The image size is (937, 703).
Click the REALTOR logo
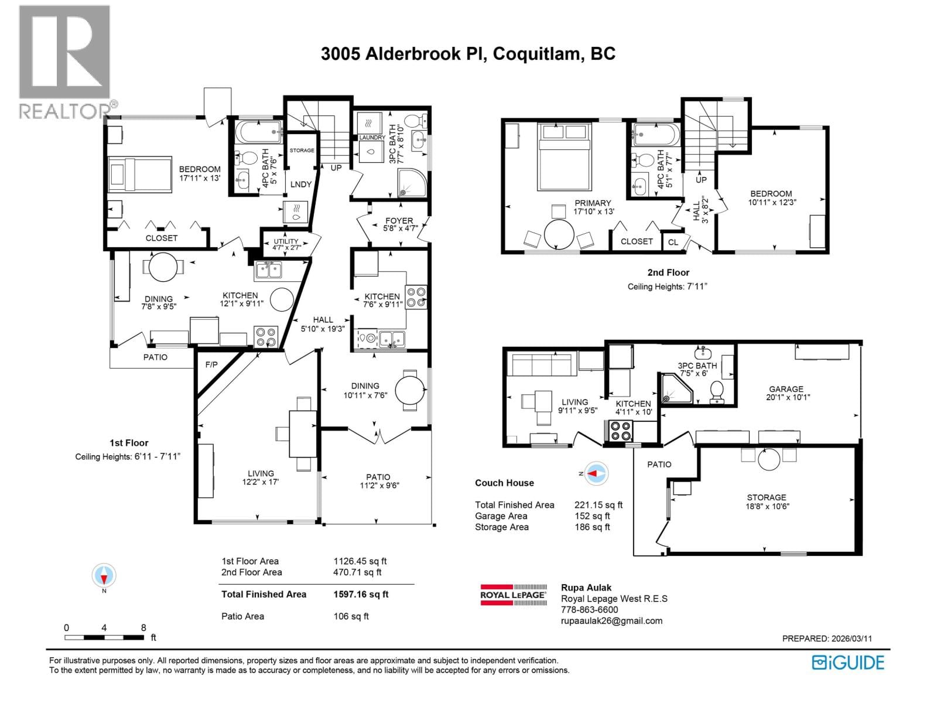click(x=64, y=62)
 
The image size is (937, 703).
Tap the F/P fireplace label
click(x=211, y=364)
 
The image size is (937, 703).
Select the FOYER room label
click(x=399, y=221)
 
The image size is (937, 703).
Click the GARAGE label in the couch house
click(x=786, y=389)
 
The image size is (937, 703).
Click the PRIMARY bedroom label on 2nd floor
click(x=593, y=203)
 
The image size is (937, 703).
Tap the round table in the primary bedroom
click(x=559, y=234)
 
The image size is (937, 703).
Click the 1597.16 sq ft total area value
click(x=361, y=594)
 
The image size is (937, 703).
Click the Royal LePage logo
click(x=513, y=595)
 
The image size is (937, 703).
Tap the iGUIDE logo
click(x=848, y=663)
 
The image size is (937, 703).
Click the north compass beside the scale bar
click(x=104, y=576)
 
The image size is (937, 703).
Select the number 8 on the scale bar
click(x=143, y=627)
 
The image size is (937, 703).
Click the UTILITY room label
click(x=286, y=241)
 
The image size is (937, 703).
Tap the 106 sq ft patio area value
click(x=351, y=616)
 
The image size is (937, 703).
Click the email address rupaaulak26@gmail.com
click(x=611, y=621)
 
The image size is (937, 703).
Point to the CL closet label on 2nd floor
click(x=673, y=242)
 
